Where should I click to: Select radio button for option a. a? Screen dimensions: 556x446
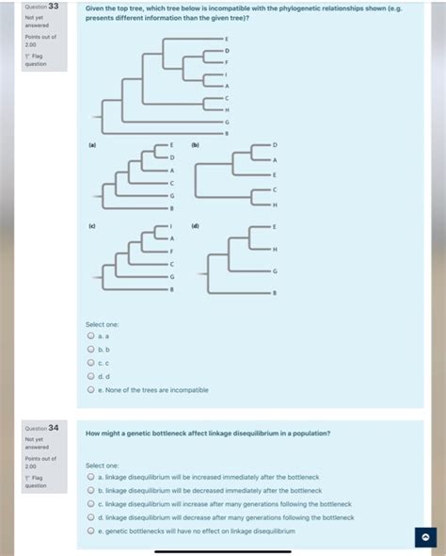pos(91,335)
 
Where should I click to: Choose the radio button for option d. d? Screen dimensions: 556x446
pos(91,376)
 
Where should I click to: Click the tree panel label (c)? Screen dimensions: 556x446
pos(92,226)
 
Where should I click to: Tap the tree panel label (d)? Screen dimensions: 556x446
pos(195,226)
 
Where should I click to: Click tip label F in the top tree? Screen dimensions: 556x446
pos(227,61)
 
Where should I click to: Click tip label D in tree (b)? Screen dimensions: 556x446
pos(275,146)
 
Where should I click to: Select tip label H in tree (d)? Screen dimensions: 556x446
pos(275,249)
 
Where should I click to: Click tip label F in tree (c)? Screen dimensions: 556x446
pos(171,252)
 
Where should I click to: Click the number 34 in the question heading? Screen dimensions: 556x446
pos(55,427)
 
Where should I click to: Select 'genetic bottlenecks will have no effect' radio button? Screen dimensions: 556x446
pos(91,531)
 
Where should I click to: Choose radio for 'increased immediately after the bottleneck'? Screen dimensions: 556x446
pos(91,478)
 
